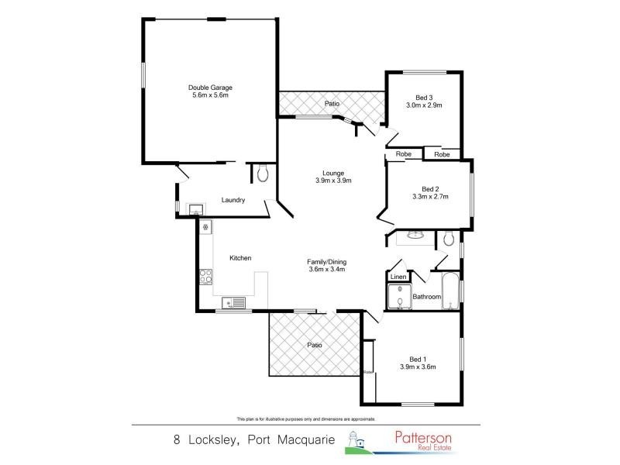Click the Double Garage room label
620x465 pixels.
[210, 88]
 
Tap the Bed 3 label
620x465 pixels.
[423, 97]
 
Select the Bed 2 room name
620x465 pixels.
[430, 189]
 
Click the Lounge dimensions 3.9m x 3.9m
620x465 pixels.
[333, 181]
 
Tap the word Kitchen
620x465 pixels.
[240, 258]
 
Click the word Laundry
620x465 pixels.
[233, 200]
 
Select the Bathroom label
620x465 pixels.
[426, 297]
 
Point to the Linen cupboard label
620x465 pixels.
[398, 277]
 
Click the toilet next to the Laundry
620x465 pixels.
[263, 174]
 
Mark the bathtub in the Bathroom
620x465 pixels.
[450, 292]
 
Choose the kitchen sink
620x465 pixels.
[233, 302]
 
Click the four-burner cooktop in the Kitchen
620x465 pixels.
[206, 276]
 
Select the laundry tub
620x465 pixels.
[195, 208]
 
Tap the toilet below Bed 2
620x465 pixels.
[449, 239]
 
